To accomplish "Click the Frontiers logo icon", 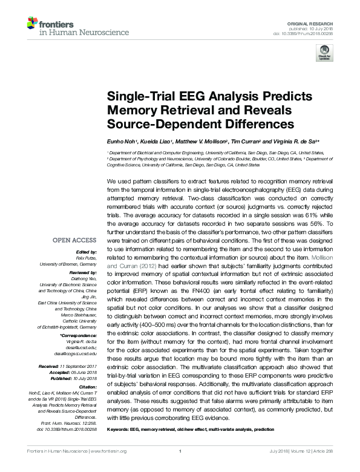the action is pos(31,24).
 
